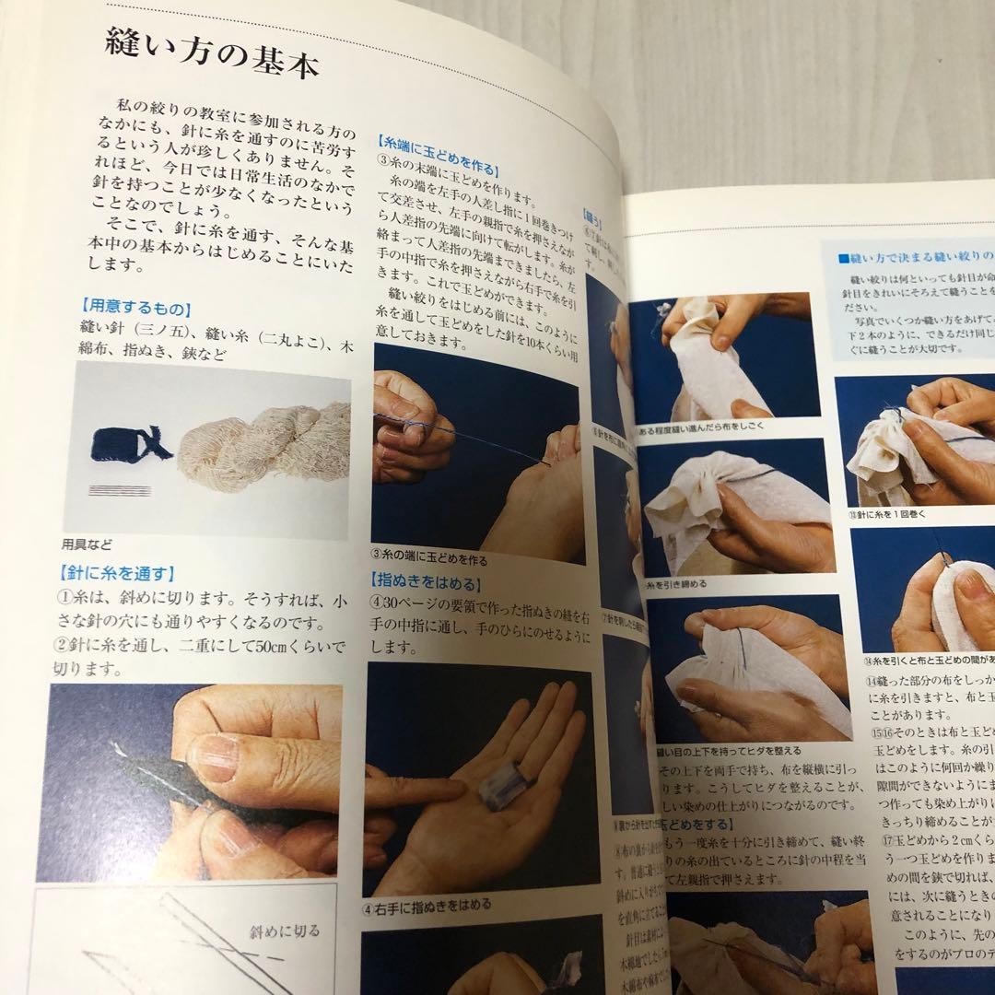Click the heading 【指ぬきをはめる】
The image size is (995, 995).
click(x=428, y=581)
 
